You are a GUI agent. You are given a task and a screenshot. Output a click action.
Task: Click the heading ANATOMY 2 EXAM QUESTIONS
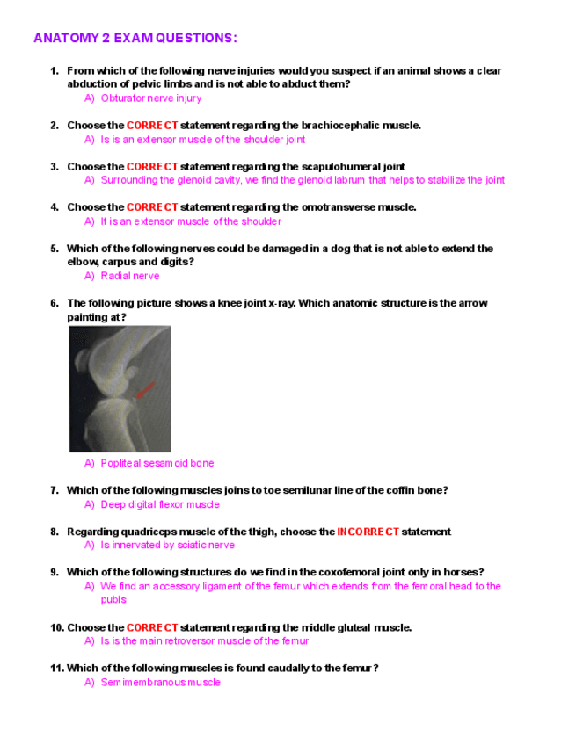[135, 38]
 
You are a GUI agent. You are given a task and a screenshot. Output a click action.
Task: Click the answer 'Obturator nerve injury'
[150, 98]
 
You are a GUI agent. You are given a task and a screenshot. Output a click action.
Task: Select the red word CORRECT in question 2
[152, 126]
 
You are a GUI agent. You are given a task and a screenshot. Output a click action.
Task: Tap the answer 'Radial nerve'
[130, 276]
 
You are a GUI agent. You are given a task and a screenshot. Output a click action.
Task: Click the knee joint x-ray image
[120, 389]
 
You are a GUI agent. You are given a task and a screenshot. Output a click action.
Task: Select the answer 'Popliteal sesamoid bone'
[157, 463]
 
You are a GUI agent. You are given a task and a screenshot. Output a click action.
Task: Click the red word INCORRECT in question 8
[368, 532]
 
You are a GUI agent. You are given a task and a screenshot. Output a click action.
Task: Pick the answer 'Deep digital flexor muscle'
[160, 504]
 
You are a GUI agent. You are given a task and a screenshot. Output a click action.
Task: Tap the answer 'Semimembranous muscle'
[160, 682]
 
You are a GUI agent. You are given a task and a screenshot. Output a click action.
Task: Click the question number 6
[54, 303]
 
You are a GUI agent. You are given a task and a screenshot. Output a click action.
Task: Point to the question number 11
[56, 668]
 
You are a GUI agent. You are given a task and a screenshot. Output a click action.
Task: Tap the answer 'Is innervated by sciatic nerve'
[167, 545]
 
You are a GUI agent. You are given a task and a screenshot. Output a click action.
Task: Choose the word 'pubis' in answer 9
[113, 600]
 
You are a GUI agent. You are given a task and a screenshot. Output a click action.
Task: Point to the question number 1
[54, 70]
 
